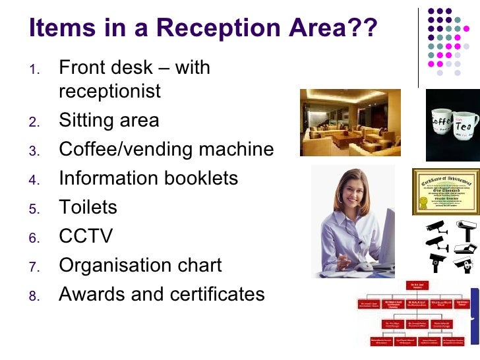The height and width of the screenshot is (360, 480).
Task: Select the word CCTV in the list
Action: tap(86, 236)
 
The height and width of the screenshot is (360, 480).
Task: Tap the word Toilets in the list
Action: tap(88, 207)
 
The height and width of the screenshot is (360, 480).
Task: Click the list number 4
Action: tap(35, 179)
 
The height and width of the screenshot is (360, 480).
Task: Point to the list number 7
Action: tap(35, 266)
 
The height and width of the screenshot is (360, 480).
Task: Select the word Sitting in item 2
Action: tap(85, 121)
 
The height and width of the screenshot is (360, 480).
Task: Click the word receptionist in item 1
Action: tap(109, 91)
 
